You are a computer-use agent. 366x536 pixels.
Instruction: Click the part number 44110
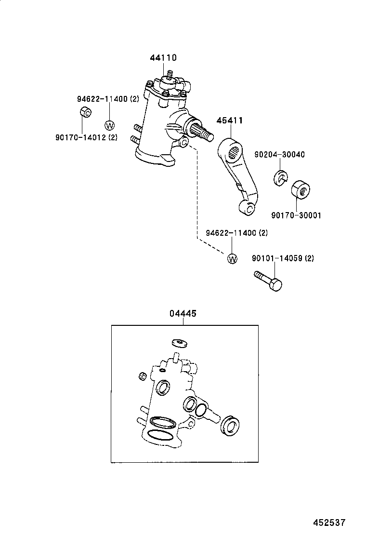pos(163,58)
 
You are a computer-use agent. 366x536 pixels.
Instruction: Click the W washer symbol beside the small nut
pos(109,125)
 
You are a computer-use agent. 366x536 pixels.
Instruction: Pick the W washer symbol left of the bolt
pos(232,259)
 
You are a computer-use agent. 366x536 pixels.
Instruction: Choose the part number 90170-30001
pos(296,215)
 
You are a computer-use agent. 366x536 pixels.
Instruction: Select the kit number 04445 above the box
pos(183,313)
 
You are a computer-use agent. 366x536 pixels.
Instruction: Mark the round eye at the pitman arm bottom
pos(250,208)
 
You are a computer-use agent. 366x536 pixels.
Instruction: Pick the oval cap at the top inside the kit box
pos(179,342)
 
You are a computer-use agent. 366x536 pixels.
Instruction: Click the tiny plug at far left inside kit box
pos(142,376)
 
